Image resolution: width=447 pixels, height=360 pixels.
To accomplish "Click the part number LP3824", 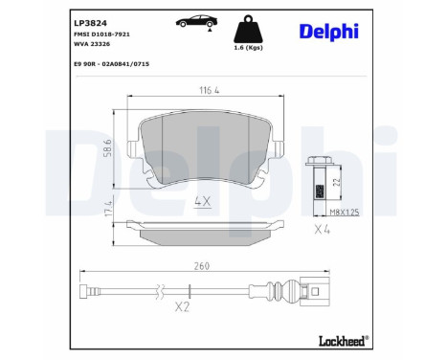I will pyautogui.click(x=91, y=19).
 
